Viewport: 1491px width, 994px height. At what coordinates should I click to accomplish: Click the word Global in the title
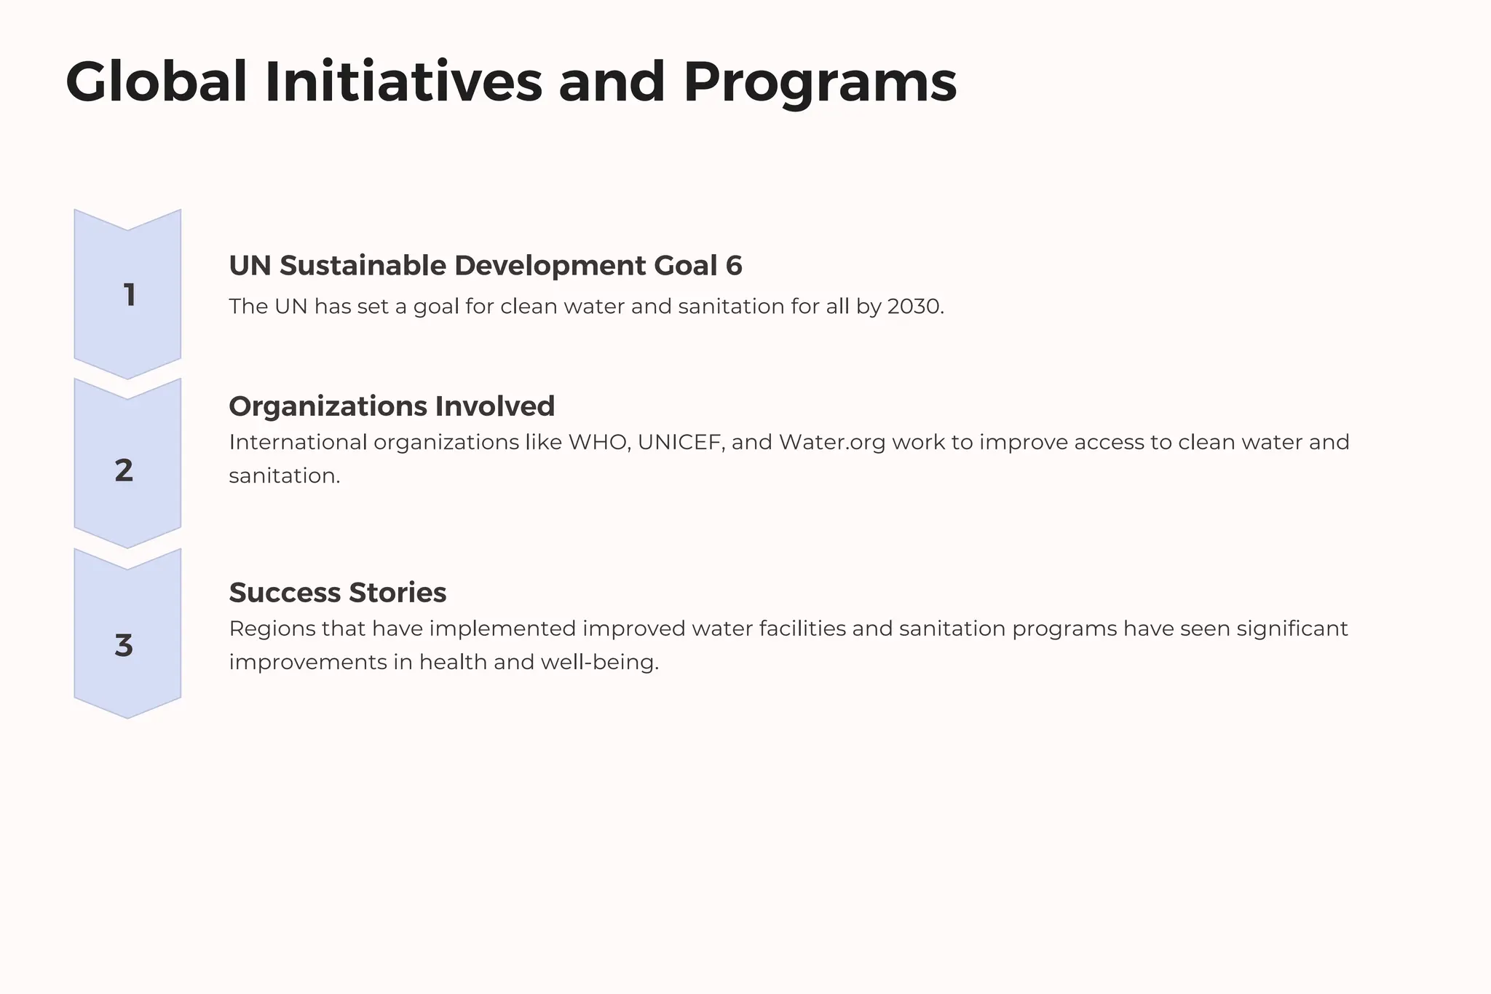coord(157,82)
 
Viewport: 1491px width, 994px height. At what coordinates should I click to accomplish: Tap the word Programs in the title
coord(820,82)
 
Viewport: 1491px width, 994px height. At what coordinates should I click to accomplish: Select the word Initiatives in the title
coord(403,82)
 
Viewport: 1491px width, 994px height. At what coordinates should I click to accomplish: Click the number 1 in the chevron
coord(130,296)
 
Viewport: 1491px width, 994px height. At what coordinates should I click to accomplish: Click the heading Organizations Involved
coord(392,406)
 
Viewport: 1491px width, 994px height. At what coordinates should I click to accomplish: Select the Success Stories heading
coord(338,593)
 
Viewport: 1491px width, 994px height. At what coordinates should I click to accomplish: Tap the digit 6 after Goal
coord(734,266)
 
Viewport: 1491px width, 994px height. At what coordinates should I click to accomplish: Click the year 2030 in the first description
coord(914,307)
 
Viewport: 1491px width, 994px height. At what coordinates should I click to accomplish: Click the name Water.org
coord(832,443)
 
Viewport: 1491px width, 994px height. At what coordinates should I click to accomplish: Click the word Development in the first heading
coord(550,266)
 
